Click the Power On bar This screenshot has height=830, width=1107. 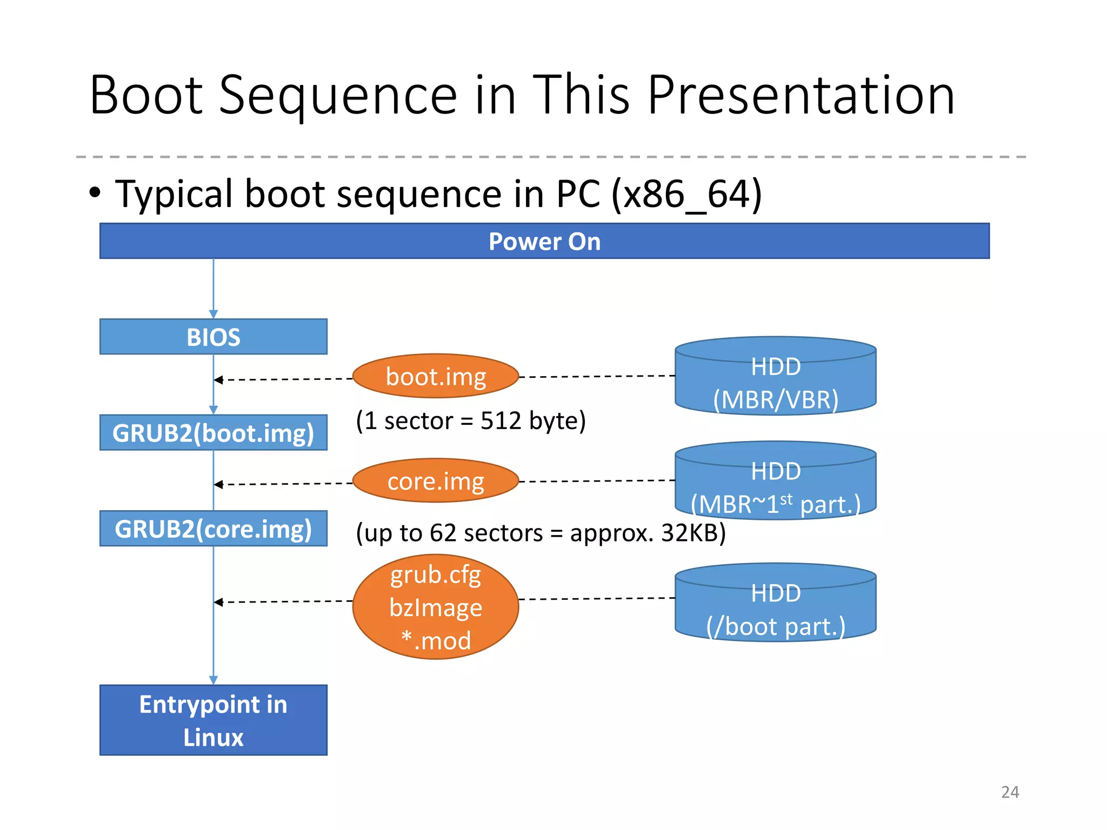point(544,241)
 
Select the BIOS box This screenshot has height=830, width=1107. point(213,337)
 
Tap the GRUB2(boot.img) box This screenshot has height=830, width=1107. point(213,433)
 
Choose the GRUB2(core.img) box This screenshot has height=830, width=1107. point(213,528)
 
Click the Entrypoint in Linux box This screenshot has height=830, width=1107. point(213,720)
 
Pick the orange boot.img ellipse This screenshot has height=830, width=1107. point(436,376)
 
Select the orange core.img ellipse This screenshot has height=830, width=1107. point(436,481)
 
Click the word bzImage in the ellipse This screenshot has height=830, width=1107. point(436,607)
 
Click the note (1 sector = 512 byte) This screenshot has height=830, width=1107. point(470,420)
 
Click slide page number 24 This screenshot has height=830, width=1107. point(1010,792)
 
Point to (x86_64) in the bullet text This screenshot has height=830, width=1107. point(686,193)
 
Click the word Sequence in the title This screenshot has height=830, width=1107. point(338,96)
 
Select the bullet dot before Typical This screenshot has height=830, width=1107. point(95,192)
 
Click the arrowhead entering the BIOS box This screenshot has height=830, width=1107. point(213,314)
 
